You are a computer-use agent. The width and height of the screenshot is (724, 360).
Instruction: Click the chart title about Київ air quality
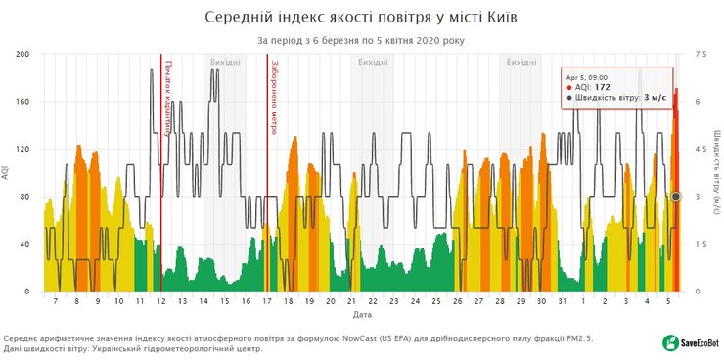tap(361, 18)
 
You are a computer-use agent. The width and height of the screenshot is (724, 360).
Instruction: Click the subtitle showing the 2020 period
tap(361, 41)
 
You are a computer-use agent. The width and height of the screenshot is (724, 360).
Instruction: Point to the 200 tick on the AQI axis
tap(24, 55)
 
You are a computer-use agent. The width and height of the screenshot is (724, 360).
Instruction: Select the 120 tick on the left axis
tap(24, 150)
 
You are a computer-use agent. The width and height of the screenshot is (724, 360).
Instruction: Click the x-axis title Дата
tap(361, 316)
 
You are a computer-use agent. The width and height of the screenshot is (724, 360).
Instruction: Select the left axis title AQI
tap(7, 173)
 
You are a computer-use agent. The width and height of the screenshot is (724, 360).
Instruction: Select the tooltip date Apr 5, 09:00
tap(588, 75)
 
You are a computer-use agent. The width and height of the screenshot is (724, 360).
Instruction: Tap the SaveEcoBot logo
tap(691, 342)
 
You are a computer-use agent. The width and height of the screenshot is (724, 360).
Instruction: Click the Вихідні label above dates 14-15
tap(225, 62)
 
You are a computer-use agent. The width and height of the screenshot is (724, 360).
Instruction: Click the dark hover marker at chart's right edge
tap(675, 197)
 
